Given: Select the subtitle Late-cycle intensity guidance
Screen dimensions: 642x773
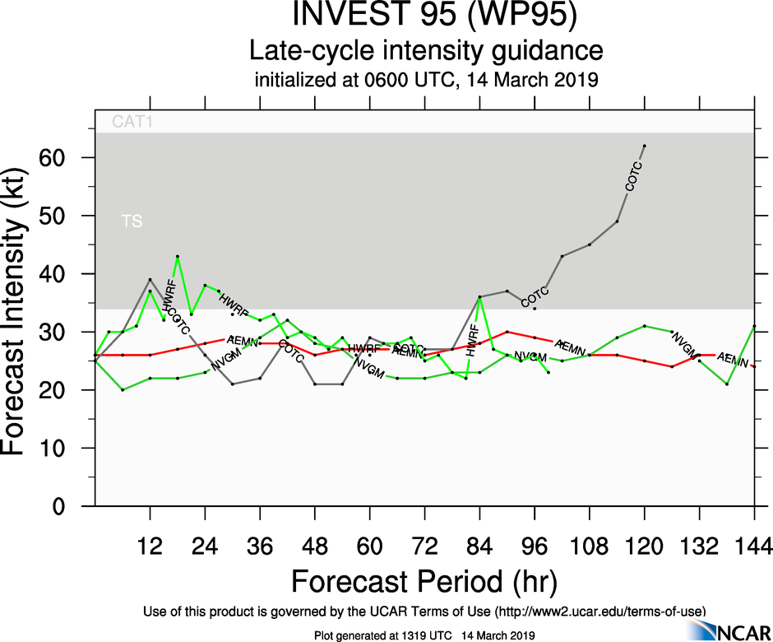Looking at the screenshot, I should click(426, 51).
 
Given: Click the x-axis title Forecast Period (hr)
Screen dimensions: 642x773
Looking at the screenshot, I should click(424, 581).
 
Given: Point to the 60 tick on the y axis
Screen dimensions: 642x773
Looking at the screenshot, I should click(70, 157).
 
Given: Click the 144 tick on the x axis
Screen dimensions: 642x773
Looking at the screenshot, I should click(754, 546).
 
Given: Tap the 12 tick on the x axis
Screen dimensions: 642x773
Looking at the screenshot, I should click(150, 546).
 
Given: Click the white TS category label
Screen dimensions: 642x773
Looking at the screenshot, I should click(131, 221).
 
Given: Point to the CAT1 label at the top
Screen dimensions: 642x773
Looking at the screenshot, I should click(132, 123).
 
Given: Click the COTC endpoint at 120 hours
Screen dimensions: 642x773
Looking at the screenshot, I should click(645, 146).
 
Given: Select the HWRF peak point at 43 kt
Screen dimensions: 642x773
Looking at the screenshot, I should click(178, 256).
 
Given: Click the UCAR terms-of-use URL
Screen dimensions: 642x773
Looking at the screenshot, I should click(598, 611).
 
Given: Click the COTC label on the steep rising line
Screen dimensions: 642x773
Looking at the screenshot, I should click(633, 177).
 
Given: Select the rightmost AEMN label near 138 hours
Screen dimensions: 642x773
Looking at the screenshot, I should click(732, 360).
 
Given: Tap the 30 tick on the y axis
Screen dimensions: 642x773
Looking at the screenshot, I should click(70, 332).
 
